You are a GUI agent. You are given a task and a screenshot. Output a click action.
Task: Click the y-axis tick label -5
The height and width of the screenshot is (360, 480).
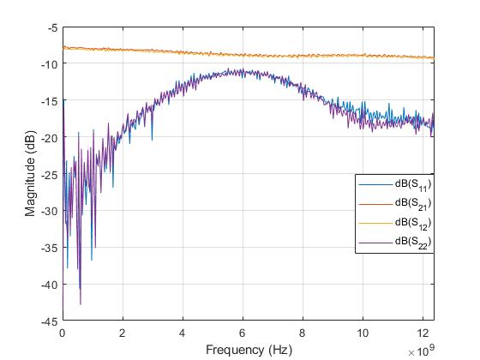[x=53, y=27]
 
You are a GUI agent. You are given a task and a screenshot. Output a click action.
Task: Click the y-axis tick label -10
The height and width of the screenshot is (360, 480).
[x=51, y=64]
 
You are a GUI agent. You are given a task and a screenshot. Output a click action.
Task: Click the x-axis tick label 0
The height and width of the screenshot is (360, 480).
[x=63, y=333]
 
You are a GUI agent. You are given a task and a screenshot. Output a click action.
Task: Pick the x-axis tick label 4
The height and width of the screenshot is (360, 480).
[x=183, y=333]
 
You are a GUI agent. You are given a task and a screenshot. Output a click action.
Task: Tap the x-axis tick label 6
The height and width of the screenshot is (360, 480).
[x=243, y=333]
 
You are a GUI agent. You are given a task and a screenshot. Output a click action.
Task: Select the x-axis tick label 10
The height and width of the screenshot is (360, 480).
[x=363, y=333]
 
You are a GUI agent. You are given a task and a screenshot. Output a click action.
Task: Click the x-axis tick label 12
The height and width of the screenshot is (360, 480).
[x=423, y=333]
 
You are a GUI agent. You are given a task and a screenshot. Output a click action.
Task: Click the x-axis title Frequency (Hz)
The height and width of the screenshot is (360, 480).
[x=249, y=349]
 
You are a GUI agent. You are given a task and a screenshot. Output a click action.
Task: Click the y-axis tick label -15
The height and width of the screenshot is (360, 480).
[x=51, y=101]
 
